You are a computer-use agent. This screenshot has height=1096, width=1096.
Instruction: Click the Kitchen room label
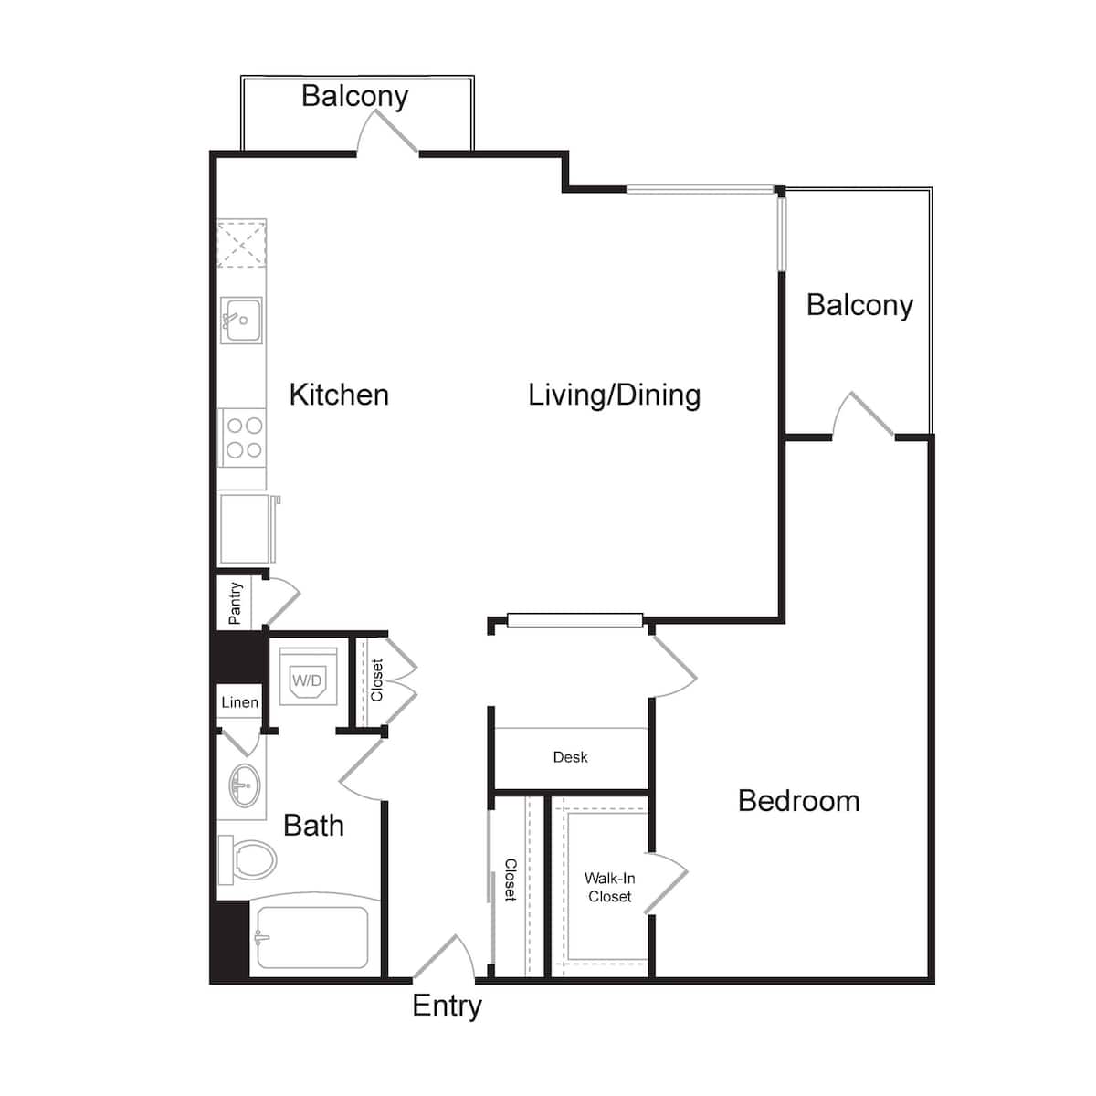click(x=339, y=395)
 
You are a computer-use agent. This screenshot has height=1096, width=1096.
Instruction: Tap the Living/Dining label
click(x=615, y=395)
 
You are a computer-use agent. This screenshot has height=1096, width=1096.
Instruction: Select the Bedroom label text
click(x=798, y=801)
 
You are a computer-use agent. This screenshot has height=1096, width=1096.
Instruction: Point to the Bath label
click(x=313, y=826)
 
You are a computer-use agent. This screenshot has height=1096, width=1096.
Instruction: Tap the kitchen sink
click(x=242, y=321)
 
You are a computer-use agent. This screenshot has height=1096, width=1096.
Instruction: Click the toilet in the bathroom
click(x=248, y=859)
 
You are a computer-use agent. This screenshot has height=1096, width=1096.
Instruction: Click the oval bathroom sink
click(x=245, y=785)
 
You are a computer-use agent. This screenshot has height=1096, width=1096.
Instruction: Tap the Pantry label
click(x=235, y=604)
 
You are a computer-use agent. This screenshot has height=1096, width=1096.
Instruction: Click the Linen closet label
click(x=239, y=702)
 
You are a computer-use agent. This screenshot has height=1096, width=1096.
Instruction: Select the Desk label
click(x=570, y=757)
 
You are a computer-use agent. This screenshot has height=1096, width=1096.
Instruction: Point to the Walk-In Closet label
click(x=610, y=887)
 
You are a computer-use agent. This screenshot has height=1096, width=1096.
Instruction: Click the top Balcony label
click(x=355, y=96)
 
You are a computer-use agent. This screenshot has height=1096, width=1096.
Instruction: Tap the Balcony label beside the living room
click(x=859, y=305)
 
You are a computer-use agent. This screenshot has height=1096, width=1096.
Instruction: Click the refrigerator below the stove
click(x=248, y=529)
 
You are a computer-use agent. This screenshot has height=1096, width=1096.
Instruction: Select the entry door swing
click(x=444, y=957)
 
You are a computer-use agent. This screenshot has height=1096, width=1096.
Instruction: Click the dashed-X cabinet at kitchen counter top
click(x=242, y=244)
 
